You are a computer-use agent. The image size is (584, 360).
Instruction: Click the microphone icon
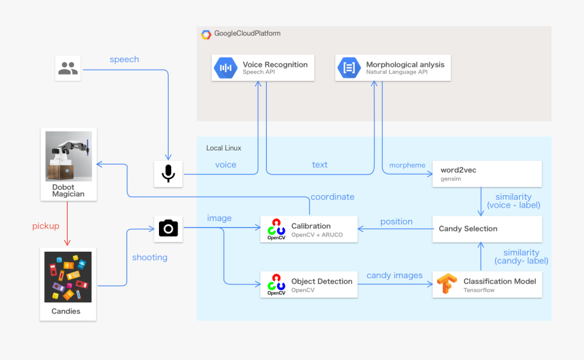point(168,173)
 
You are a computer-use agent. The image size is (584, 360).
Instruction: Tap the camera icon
point(168,228)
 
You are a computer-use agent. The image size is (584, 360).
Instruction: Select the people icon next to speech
point(67,68)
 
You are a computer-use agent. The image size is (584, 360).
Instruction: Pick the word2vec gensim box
point(487,174)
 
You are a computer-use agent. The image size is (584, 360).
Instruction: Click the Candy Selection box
point(487,229)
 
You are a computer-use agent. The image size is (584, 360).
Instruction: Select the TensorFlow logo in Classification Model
point(446,285)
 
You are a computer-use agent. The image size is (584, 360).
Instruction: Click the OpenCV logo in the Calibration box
point(276,230)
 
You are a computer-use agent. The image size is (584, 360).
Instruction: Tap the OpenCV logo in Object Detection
point(276,285)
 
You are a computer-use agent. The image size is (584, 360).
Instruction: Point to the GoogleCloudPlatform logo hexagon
point(206,34)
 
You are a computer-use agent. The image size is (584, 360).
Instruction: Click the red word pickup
point(46,226)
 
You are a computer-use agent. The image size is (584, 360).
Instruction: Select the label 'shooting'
point(150,258)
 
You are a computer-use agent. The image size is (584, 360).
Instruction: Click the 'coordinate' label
point(332,197)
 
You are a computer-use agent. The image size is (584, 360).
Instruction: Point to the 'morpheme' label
point(407,165)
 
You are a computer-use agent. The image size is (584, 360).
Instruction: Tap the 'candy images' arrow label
point(395,276)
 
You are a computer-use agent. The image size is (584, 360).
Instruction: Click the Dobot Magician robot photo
point(68,156)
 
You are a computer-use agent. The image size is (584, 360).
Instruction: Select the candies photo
point(68,277)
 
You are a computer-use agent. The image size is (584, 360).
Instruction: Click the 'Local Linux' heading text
point(223,148)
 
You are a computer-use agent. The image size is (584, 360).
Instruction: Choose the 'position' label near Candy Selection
point(396,221)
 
